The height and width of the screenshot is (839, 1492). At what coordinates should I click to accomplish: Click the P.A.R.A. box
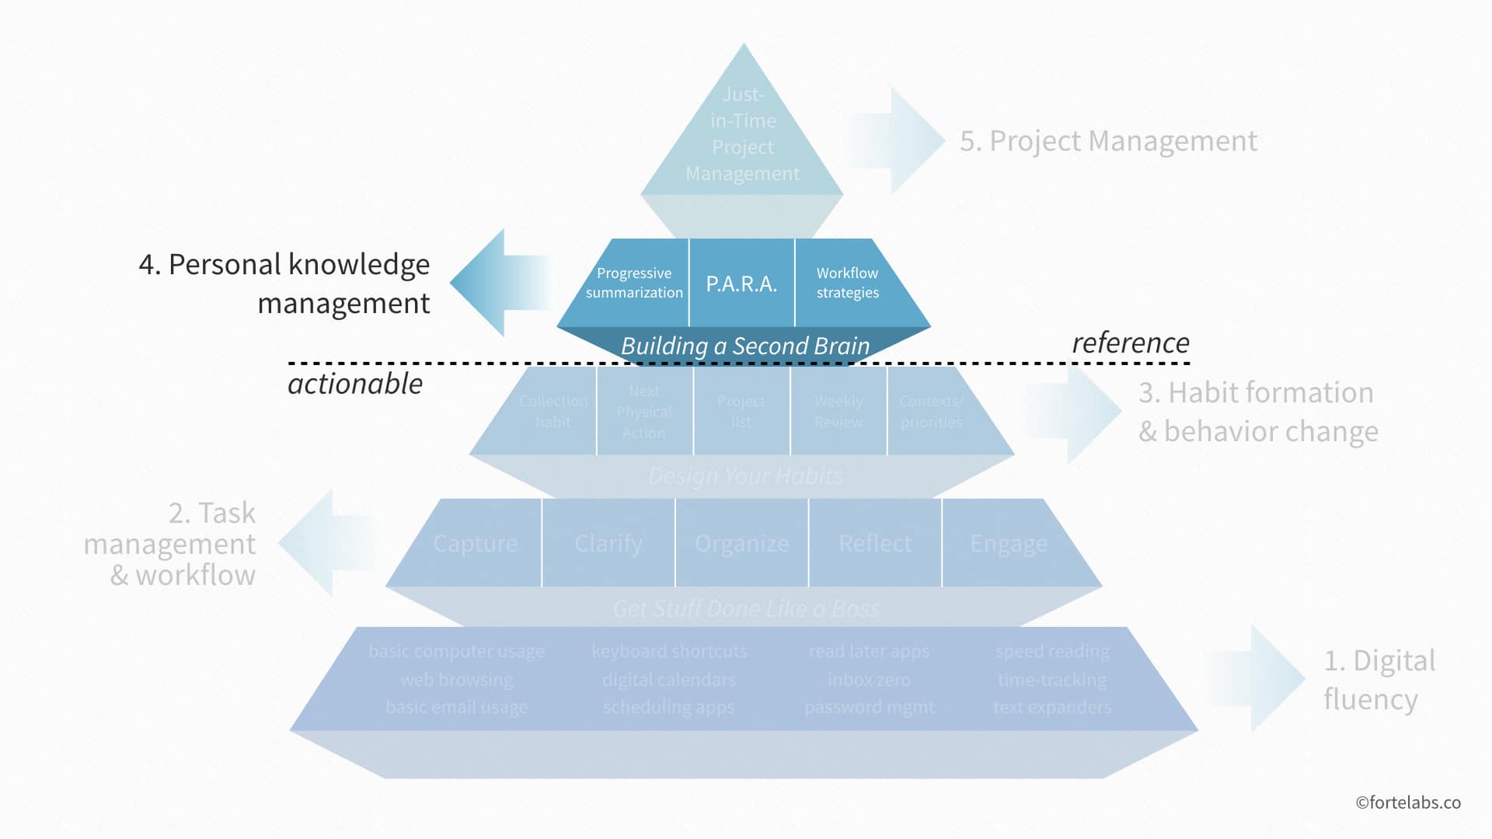(x=741, y=284)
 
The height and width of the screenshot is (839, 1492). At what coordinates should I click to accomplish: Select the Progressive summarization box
(x=633, y=283)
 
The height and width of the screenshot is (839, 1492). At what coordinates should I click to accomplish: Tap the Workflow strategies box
(x=847, y=283)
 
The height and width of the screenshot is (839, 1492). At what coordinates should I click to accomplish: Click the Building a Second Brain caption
(x=744, y=346)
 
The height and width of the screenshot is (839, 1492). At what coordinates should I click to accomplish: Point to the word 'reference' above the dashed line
(x=1130, y=343)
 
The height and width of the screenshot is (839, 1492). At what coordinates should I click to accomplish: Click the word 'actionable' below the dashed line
(x=355, y=384)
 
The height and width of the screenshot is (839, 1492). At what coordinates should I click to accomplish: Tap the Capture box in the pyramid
(x=475, y=543)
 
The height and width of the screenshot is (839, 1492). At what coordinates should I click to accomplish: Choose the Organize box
(x=741, y=543)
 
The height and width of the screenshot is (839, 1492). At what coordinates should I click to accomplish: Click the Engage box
(x=1008, y=543)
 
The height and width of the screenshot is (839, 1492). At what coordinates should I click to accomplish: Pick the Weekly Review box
(x=838, y=412)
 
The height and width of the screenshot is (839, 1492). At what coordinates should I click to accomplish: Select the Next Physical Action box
(x=643, y=412)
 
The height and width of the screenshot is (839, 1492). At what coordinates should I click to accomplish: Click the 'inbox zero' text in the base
(x=869, y=680)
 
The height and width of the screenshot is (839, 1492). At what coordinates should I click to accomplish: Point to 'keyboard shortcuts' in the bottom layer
(x=669, y=651)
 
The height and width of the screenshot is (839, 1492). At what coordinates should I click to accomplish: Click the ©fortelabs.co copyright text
(x=1407, y=802)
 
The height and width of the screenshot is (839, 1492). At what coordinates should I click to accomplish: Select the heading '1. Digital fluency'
(x=1379, y=680)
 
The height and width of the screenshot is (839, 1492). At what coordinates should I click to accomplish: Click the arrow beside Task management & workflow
(x=326, y=543)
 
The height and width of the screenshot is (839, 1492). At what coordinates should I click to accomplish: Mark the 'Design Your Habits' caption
(x=744, y=475)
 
